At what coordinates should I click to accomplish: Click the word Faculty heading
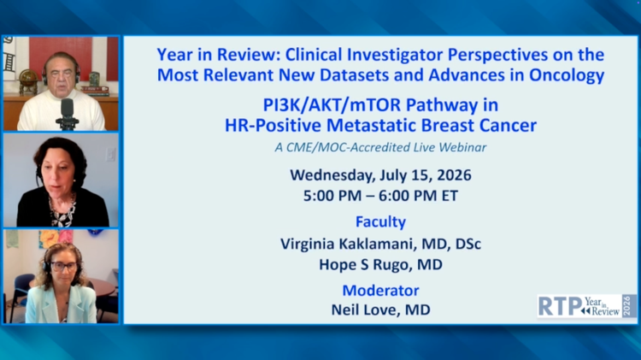380,221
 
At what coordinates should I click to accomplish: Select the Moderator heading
380,291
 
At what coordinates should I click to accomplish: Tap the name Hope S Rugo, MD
380,265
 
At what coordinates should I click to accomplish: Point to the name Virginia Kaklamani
347,244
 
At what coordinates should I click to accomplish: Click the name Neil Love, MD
380,310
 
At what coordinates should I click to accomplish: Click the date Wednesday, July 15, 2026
380,175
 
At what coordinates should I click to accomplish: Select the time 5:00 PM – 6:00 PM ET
380,196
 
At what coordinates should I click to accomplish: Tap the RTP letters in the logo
560,306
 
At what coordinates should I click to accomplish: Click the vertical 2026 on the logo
627,306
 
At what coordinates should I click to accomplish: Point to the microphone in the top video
67,114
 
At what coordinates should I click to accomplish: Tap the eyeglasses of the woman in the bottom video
64,267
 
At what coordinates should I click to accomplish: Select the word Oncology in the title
567,75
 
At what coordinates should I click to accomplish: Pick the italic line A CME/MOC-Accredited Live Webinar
380,147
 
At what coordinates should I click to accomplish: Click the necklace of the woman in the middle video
62,209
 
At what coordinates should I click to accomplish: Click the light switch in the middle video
110,155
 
